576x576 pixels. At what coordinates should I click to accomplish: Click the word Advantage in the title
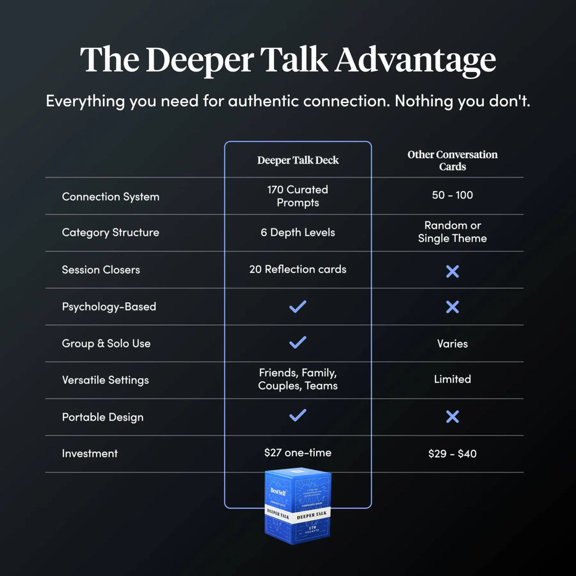[416, 60]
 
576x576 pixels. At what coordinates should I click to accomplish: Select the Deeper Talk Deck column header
[298, 160]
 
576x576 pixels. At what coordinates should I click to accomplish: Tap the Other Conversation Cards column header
[452, 160]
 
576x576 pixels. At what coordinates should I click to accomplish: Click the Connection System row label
[110, 197]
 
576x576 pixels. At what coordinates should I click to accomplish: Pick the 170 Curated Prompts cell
[298, 196]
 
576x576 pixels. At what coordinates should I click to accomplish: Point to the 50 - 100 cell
[452, 196]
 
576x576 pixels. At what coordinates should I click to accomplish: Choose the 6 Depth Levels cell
[298, 232]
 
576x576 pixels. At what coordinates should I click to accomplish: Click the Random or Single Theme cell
[452, 232]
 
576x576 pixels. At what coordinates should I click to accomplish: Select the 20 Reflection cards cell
[298, 269]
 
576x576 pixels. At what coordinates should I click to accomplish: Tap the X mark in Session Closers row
[452, 272]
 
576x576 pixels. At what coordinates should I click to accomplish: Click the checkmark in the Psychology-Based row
[298, 307]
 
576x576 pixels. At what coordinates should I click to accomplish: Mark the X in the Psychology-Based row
[452, 307]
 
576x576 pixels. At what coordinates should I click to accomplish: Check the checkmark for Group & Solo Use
[298, 342]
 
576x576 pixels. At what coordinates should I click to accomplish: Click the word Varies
[452, 343]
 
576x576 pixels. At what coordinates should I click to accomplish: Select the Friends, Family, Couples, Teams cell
[298, 379]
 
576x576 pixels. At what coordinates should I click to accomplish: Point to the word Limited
[452, 379]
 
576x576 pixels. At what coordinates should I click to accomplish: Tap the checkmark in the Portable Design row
[298, 416]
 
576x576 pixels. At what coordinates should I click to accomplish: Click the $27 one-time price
[298, 452]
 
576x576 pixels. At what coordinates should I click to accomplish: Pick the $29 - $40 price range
[452, 453]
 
